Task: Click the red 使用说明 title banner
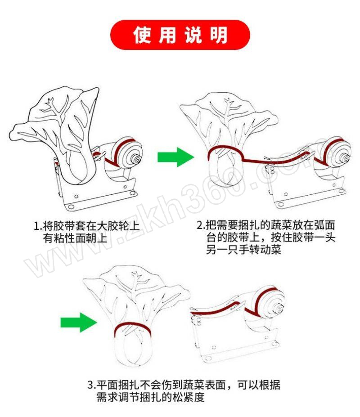(x=180, y=35)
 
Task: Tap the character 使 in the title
(x=143, y=35)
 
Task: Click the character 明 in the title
(x=219, y=35)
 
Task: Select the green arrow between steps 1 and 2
(x=176, y=157)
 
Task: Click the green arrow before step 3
(x=79, y=323)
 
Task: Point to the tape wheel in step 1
(x=128, y=153)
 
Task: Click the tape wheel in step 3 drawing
(x=269, y=302)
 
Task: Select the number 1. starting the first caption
(x=38, y=226)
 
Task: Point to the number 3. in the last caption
(x=91, y=385)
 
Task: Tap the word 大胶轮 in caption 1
(x=112, y=226)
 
